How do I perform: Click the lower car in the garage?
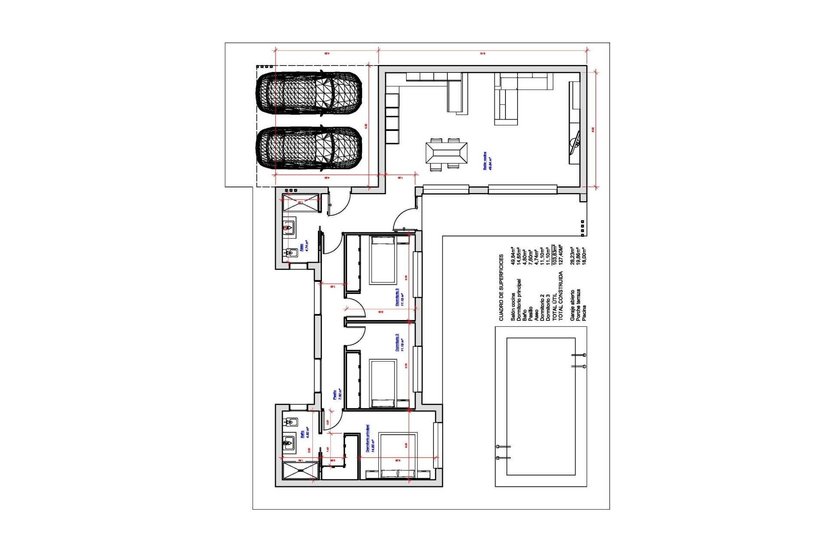pos(308,148)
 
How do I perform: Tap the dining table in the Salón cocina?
pos(446,153)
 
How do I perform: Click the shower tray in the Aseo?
pos(301,202)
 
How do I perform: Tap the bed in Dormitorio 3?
pos(382,260)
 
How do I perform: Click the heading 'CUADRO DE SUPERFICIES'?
pos(501,287)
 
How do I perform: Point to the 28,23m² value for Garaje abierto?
pos(572,256)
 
